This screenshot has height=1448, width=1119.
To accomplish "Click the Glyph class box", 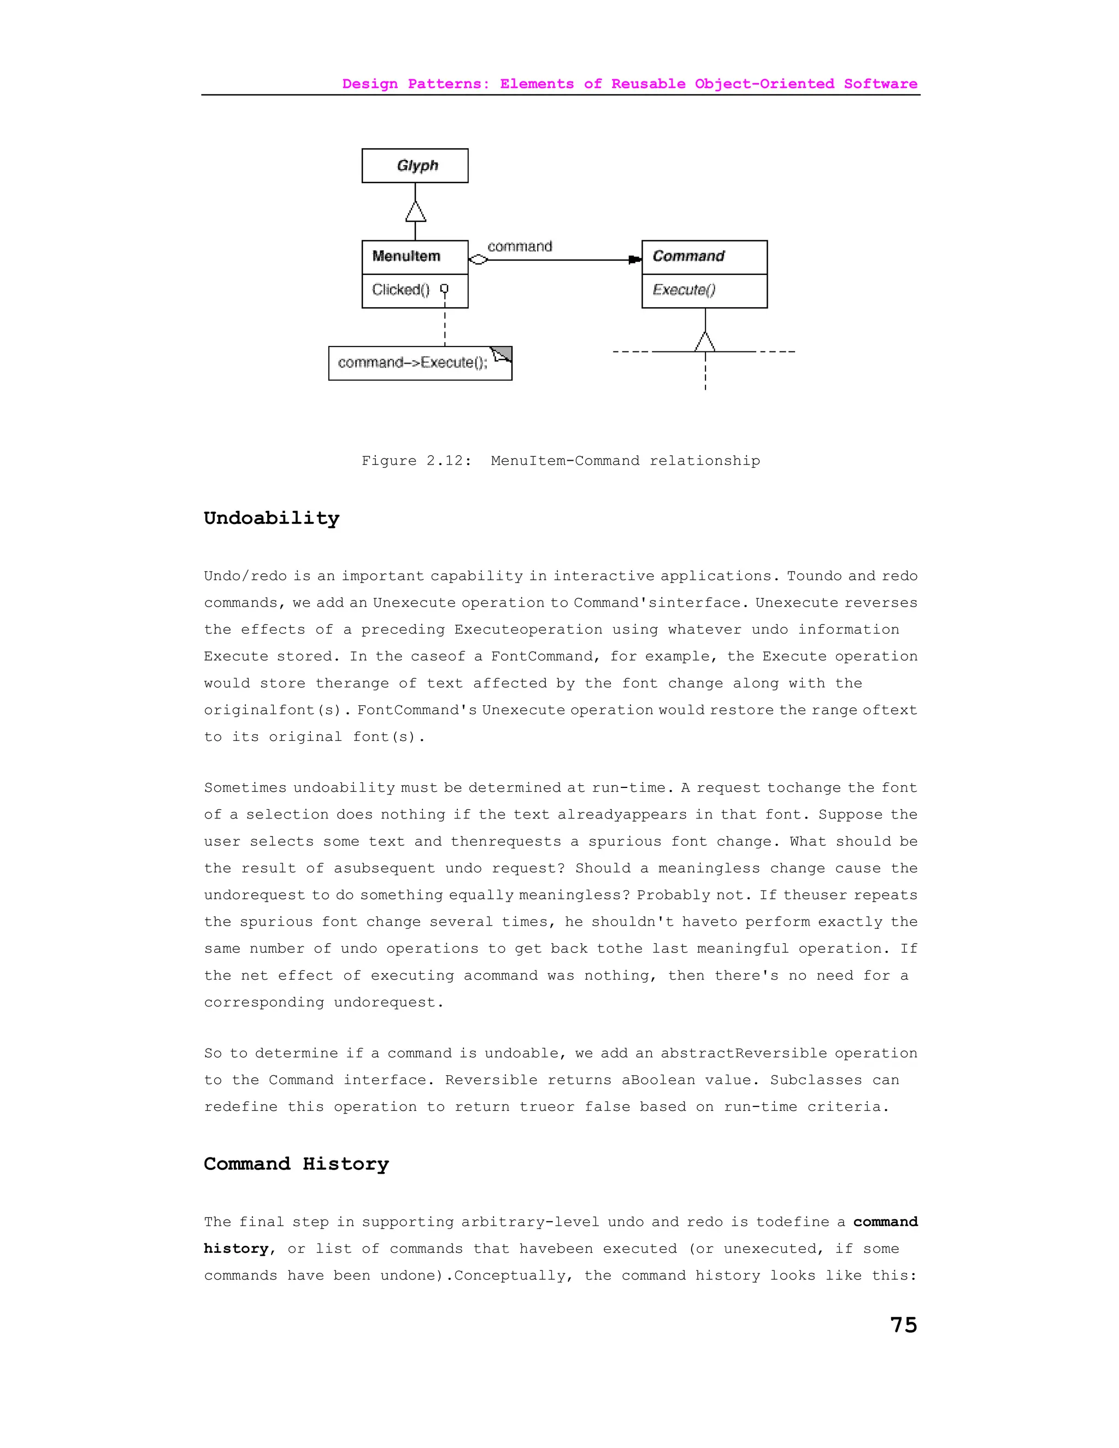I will coord(415,166).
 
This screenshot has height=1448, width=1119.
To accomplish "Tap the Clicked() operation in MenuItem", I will coord(401,290).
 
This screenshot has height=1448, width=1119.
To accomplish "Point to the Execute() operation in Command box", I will coord(684,290).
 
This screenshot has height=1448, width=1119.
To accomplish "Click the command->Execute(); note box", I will coord(413,363).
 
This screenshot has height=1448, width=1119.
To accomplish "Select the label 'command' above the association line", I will coord(520,246).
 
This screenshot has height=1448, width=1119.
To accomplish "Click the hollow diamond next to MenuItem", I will coord(478,260).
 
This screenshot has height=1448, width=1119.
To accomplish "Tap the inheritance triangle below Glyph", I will coord(416,211).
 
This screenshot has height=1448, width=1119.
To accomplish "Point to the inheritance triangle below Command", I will coord(705,342).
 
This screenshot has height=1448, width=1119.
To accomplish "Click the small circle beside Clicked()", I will coord(444,289).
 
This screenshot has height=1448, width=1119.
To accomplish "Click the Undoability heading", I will coord(271,518).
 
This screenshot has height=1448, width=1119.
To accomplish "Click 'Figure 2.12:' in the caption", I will coord(416,461).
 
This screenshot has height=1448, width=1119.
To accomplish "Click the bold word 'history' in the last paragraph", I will coord(235,1249).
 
